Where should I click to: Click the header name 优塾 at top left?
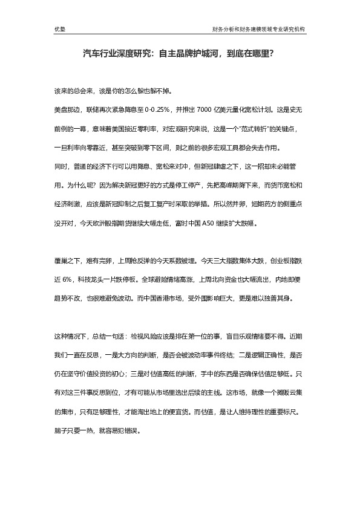[59, 28]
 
